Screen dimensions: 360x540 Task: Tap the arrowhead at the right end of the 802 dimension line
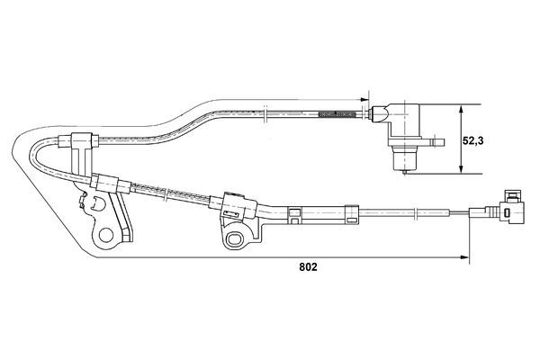[x=465, y=259]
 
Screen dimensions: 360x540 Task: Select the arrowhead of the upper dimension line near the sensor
[x=365, y=98]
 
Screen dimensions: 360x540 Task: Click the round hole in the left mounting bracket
[x=107, y=236]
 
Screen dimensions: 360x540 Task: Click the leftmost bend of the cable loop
[x=33, y=162]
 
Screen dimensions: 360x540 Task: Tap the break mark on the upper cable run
[x=267, y=112]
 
